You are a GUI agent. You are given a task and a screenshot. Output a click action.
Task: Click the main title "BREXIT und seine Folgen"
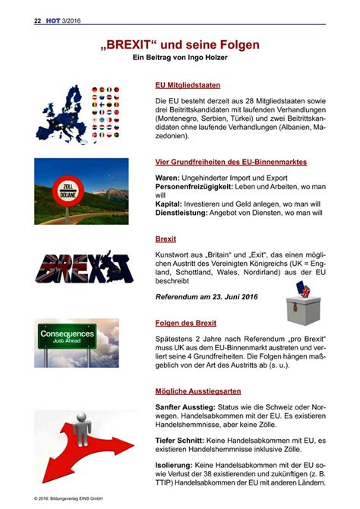point(180,45)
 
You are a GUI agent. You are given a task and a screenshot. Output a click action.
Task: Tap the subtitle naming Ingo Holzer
point(180,58)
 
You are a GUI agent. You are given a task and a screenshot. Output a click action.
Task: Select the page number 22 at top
point(37,21)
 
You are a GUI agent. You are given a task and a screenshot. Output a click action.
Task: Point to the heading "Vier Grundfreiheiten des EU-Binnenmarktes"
point(230,162)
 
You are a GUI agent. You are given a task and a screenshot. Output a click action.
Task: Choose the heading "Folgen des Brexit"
point(185,322)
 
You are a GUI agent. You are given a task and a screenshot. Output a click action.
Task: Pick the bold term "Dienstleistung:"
point(183,213)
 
